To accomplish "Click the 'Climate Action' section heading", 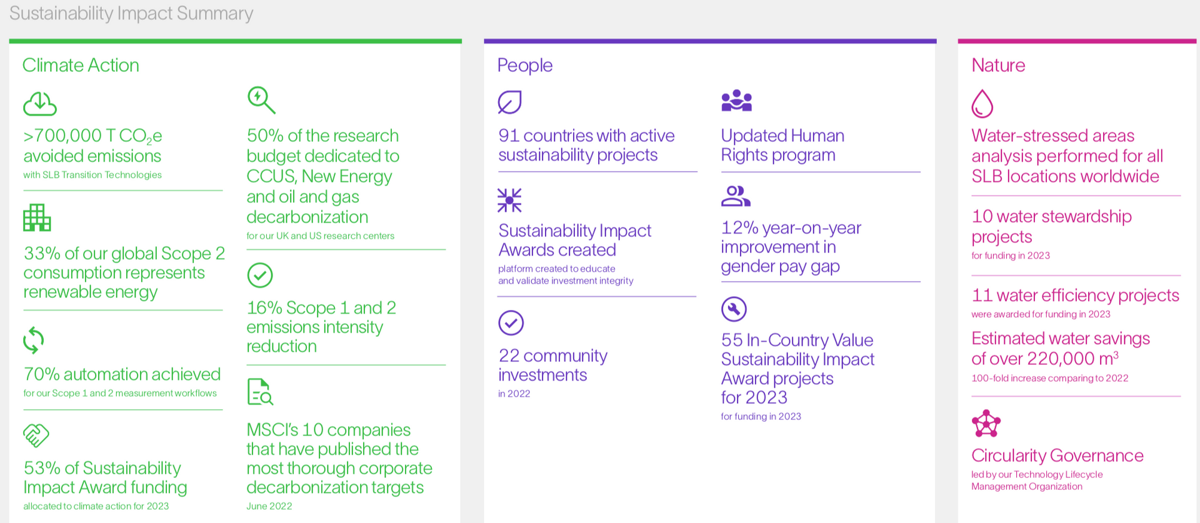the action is pyautogui.click(x=81, y=65).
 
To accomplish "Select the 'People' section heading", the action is pyautogui.click(x=525, y=66).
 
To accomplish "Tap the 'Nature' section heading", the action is pyautogui.click(x=998, y=65).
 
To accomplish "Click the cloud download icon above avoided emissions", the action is pyautogui.click(x=40, y=104).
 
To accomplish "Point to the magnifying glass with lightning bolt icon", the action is pyautogui.click(x=261, y=100).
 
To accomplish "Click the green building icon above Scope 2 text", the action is pyautogui.click(x=37, y=217).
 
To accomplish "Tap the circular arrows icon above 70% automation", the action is pyautogui.click(x=34, y=341).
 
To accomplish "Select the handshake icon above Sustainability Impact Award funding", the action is pyautogui.click(x=36, y=436).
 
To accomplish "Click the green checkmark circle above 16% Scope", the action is pyautogui.click(x=260, y=275).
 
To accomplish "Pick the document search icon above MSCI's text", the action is pyautogui.click(x=260, y=392).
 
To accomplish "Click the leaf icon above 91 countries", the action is pyautogui.click(x=509, y=102).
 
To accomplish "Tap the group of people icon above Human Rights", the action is pyautogui.click(x=737, y=101).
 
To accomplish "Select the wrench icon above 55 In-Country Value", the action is pyautogui.click(x=734, y=309).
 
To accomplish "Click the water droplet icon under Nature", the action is pyautogui.click(x=982, y=104).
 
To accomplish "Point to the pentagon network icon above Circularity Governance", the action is pyautogui.click(x=986, y=424).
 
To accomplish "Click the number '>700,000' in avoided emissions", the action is pyautogui.click(x=62, y=136).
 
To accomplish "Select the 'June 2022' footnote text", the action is pyautogui.click(x=269, y=506).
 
